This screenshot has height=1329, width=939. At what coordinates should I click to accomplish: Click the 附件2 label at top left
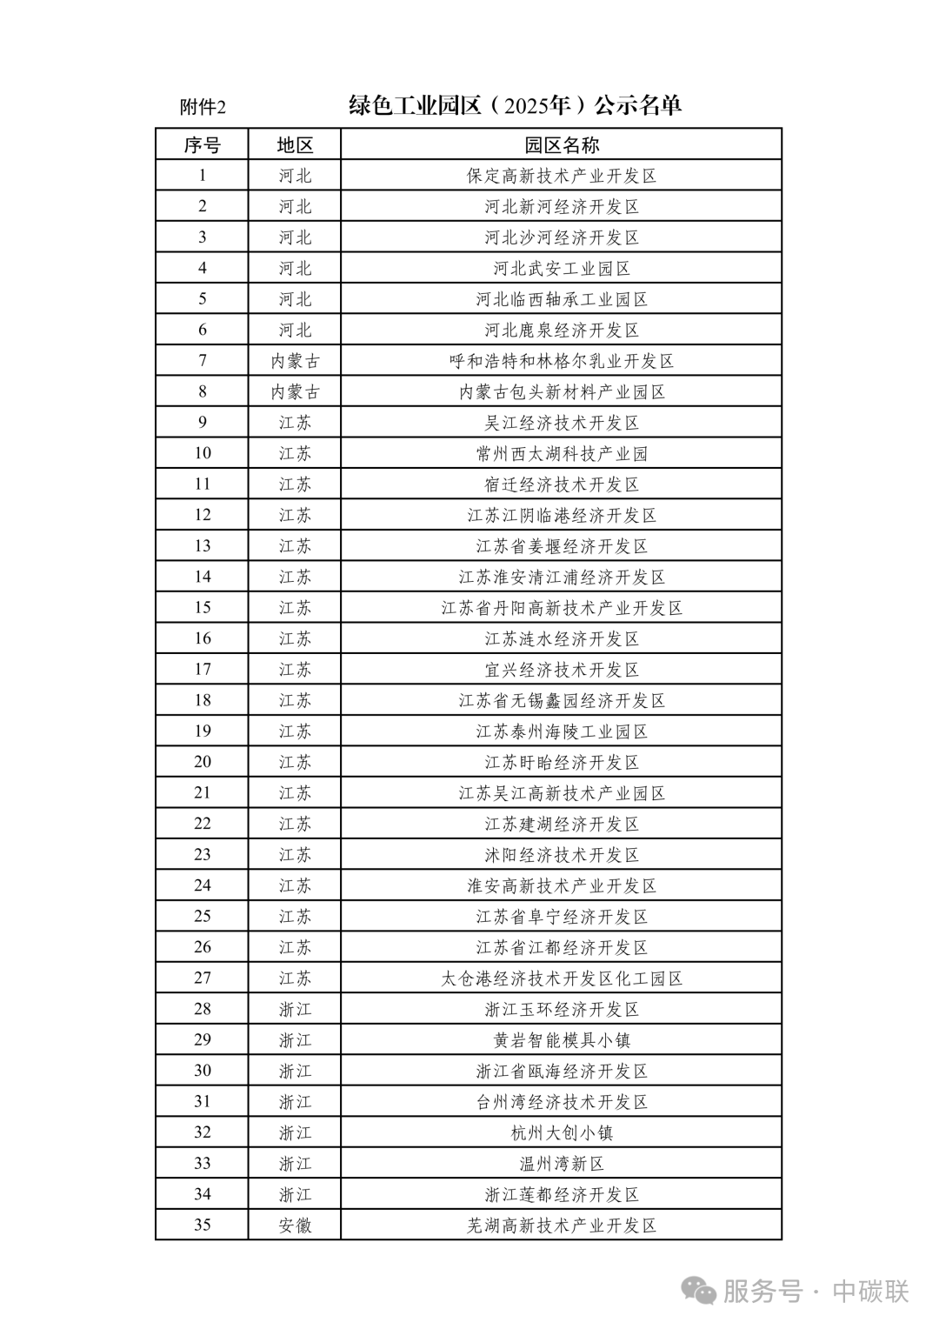click(203, 107)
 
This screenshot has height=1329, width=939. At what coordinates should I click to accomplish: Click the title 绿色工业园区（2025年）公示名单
click(515, 105)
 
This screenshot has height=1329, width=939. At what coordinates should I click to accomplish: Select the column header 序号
click(202, 144)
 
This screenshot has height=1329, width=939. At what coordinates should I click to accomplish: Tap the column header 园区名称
click(561, 144)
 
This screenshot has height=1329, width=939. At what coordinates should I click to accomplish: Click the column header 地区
click(295, 144)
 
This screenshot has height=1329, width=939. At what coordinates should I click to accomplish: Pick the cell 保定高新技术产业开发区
click(561, 176)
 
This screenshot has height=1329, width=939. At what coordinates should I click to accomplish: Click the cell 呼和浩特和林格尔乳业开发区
click(561, 361)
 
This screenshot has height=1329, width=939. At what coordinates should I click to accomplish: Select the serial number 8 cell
click(202, 391)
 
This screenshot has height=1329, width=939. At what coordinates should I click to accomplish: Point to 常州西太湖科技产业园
click(561, 453)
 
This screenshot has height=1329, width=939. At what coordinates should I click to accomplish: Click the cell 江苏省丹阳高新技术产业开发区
click(561, 608)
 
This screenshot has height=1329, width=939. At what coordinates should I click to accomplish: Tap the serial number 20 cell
click(202, 762)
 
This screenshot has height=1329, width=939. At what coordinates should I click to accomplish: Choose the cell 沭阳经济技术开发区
click(561, 855)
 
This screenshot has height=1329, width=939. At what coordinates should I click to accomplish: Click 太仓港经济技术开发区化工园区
click(561, 978)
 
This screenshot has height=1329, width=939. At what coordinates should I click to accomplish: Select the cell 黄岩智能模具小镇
click(561, 1040)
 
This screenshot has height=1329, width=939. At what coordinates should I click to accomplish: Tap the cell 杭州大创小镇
click(561, 1132)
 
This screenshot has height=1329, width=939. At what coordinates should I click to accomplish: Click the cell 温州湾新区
click(561, 1164)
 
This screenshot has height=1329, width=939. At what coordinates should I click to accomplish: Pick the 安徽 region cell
click(295, 1225)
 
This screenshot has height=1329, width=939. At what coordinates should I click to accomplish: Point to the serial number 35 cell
click(202, 1225)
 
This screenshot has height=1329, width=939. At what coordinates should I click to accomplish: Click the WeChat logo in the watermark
click(698, 1291)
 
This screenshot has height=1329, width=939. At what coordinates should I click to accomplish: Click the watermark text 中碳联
click(870, 1292)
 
